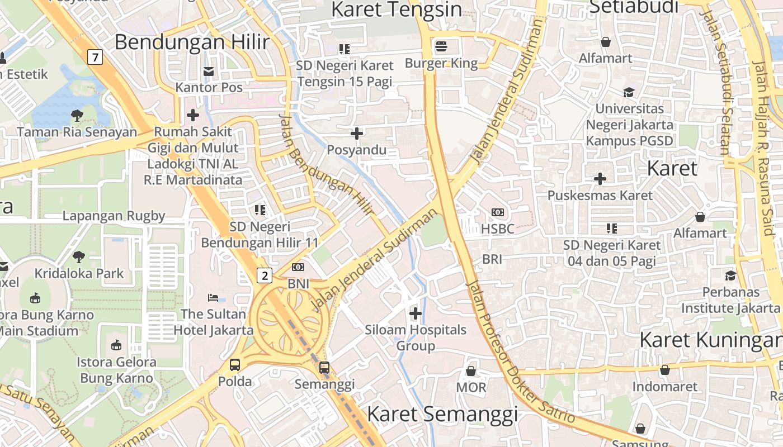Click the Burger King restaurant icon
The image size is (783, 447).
[441, 45]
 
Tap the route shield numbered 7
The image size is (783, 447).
[96, 56]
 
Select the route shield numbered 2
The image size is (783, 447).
[265, 275]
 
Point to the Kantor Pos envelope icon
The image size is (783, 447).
[209, 71]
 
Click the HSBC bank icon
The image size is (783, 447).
[497, 212]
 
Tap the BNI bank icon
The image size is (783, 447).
[298, 267]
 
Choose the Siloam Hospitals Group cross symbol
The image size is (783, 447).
[416, 313]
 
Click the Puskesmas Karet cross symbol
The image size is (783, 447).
[600, 179]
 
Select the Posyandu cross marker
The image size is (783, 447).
[357, 134]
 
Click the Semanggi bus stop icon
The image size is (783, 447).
[324, 368]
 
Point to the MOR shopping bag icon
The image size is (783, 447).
[471, 371]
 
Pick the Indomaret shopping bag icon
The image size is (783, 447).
[664, 370]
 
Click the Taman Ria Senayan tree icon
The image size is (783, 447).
[77, 116]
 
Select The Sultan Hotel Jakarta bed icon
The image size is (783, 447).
[213, 297]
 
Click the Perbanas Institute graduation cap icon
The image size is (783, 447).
[730, 275]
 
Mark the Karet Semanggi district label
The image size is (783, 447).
[442, 414]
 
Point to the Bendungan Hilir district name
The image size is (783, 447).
[192, 42]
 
